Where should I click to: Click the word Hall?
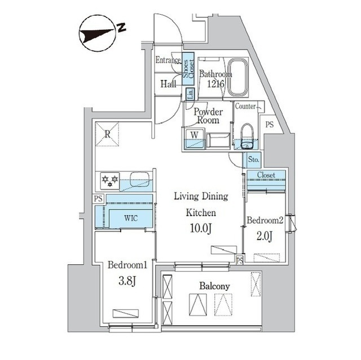click(x=168, y=84)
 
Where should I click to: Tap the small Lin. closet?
click(x=190, y=94)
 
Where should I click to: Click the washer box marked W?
click(x=193, y=135)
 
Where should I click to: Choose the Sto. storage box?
click(x=253, y=159)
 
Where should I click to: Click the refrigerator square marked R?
click(x=107, y=133)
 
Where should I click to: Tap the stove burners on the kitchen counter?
click(x=110, y=180)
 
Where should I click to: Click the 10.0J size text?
click(x=200, y=229)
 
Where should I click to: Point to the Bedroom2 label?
click(x=263, y=220)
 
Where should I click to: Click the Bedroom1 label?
click(x=127, y=265)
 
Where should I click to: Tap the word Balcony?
click(x=214, y=286)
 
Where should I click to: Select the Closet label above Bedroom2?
click(x=266, y=175)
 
